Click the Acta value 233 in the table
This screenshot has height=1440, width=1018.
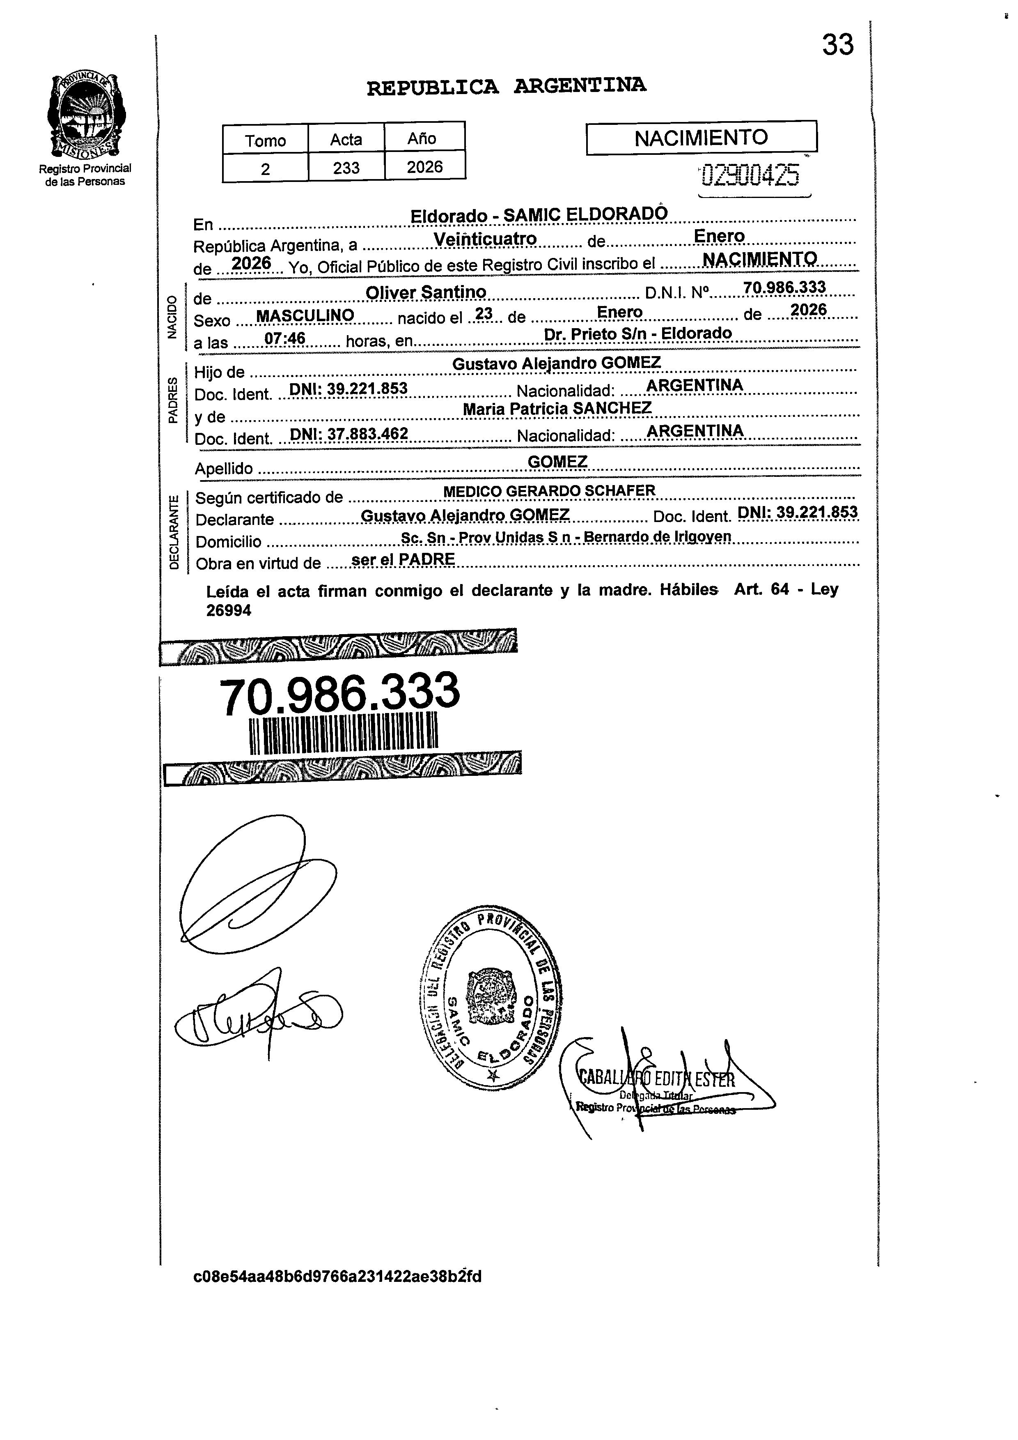346,168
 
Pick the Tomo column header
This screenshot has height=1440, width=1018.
265,140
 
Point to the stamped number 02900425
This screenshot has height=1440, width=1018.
750,176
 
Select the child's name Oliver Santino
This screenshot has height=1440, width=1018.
426,292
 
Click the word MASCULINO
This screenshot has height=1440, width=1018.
305,315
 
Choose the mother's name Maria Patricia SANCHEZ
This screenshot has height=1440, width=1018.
557,408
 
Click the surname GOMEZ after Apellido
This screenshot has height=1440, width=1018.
557,462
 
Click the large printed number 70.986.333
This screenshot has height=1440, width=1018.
339,694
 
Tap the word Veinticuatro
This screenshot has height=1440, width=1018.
485,239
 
